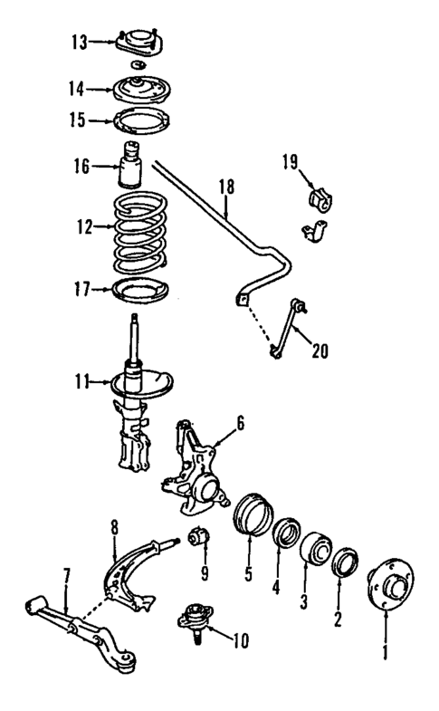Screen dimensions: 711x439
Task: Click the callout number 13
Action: click(x=80, y=42)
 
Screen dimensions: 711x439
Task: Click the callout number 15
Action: click(x=80, y=120)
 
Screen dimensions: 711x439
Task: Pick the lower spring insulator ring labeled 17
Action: click(x=139, y=292)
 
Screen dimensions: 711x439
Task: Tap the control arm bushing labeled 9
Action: click(x=199, y=541)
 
